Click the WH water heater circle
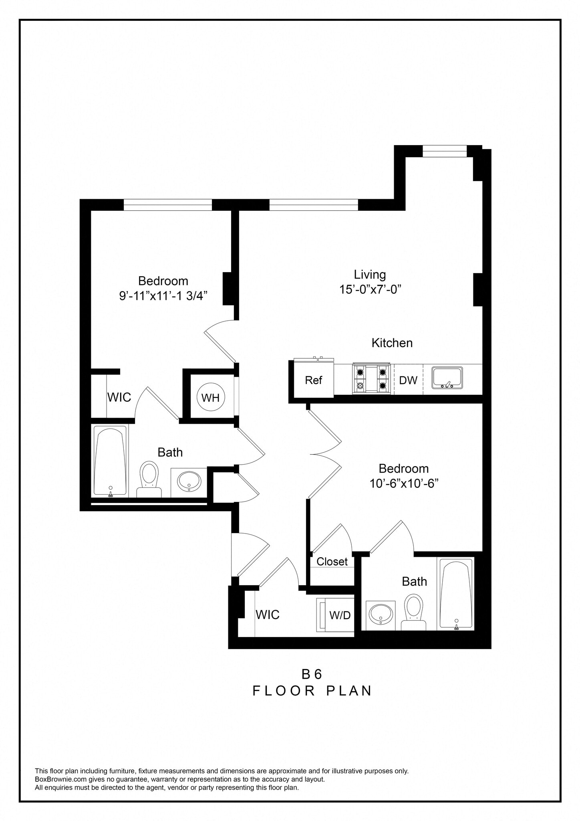(211, 397)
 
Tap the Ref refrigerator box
(314, 380)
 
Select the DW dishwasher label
(408, 380)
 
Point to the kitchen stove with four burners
(371, 379)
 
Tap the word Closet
(332, 561)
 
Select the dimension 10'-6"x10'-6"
(404, 483)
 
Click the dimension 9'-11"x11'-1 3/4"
(163, 296)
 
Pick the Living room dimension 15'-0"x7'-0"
(370, 289)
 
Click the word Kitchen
(392, 343)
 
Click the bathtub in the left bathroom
(110, 461)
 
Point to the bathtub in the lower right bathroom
(456, 594)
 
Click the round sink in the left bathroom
(189, 481)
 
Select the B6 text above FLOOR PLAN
(312, 674)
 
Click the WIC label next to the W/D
(268, 615)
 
